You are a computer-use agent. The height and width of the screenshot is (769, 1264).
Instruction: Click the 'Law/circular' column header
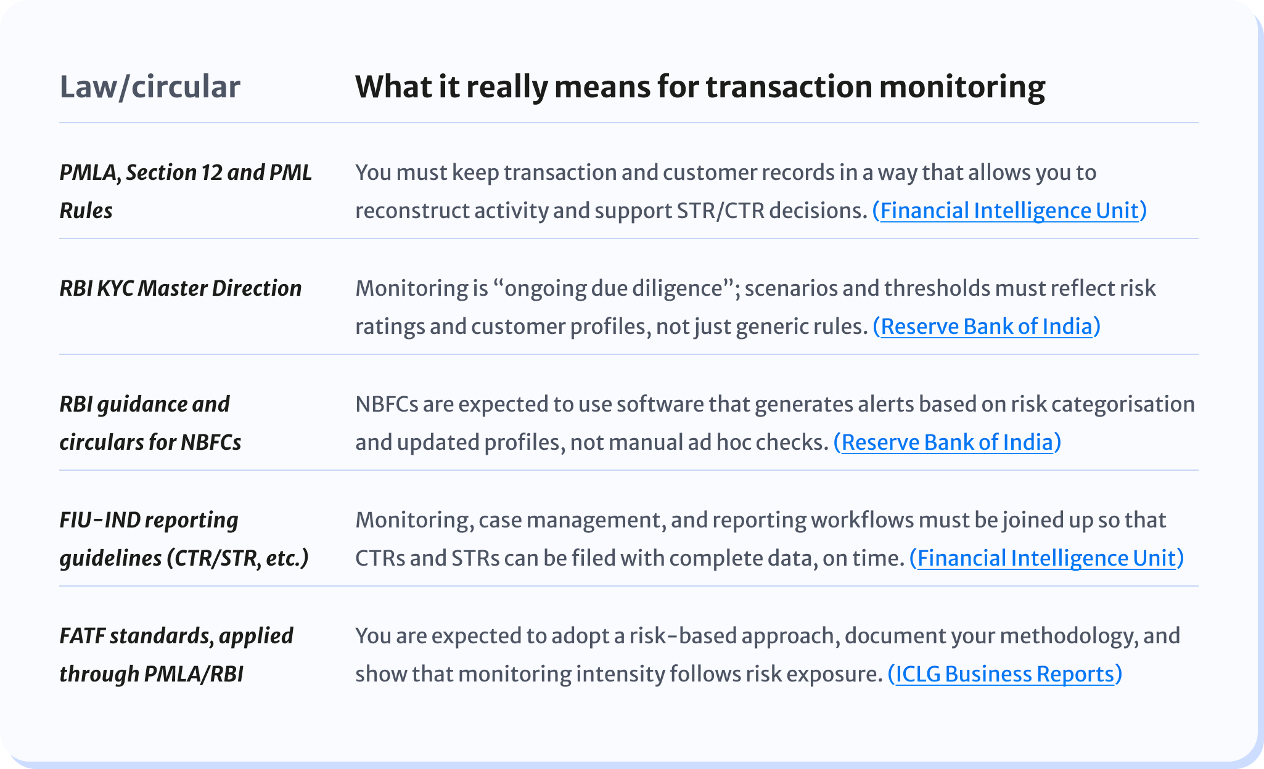pos(150,87)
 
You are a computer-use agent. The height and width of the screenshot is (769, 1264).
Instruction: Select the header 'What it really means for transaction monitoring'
pos(700,87)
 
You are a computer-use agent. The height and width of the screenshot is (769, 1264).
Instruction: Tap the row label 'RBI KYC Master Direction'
pos(181,288)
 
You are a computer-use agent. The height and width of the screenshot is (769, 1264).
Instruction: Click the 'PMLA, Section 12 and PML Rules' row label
pos(186,191)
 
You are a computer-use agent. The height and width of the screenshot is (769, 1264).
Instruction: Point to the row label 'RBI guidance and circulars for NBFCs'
pos(150,423)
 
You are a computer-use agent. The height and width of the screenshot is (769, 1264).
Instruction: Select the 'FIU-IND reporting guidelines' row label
pos(184,539)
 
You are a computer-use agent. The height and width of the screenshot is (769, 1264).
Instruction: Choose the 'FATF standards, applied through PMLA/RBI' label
pos(176,654)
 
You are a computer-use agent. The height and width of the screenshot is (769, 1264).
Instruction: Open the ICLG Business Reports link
pos(1004,674)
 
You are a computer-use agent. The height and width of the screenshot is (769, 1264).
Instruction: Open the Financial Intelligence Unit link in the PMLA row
pos(1009,211)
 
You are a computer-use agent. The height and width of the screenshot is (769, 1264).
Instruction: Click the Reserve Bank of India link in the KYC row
pos(986,327)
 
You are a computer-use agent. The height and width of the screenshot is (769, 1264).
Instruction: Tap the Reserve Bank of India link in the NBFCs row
pos(947,442)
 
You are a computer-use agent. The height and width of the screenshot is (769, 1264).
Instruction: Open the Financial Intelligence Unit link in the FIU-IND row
pos(1046,558)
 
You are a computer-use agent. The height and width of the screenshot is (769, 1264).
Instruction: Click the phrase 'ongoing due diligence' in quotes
pos(614,288)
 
